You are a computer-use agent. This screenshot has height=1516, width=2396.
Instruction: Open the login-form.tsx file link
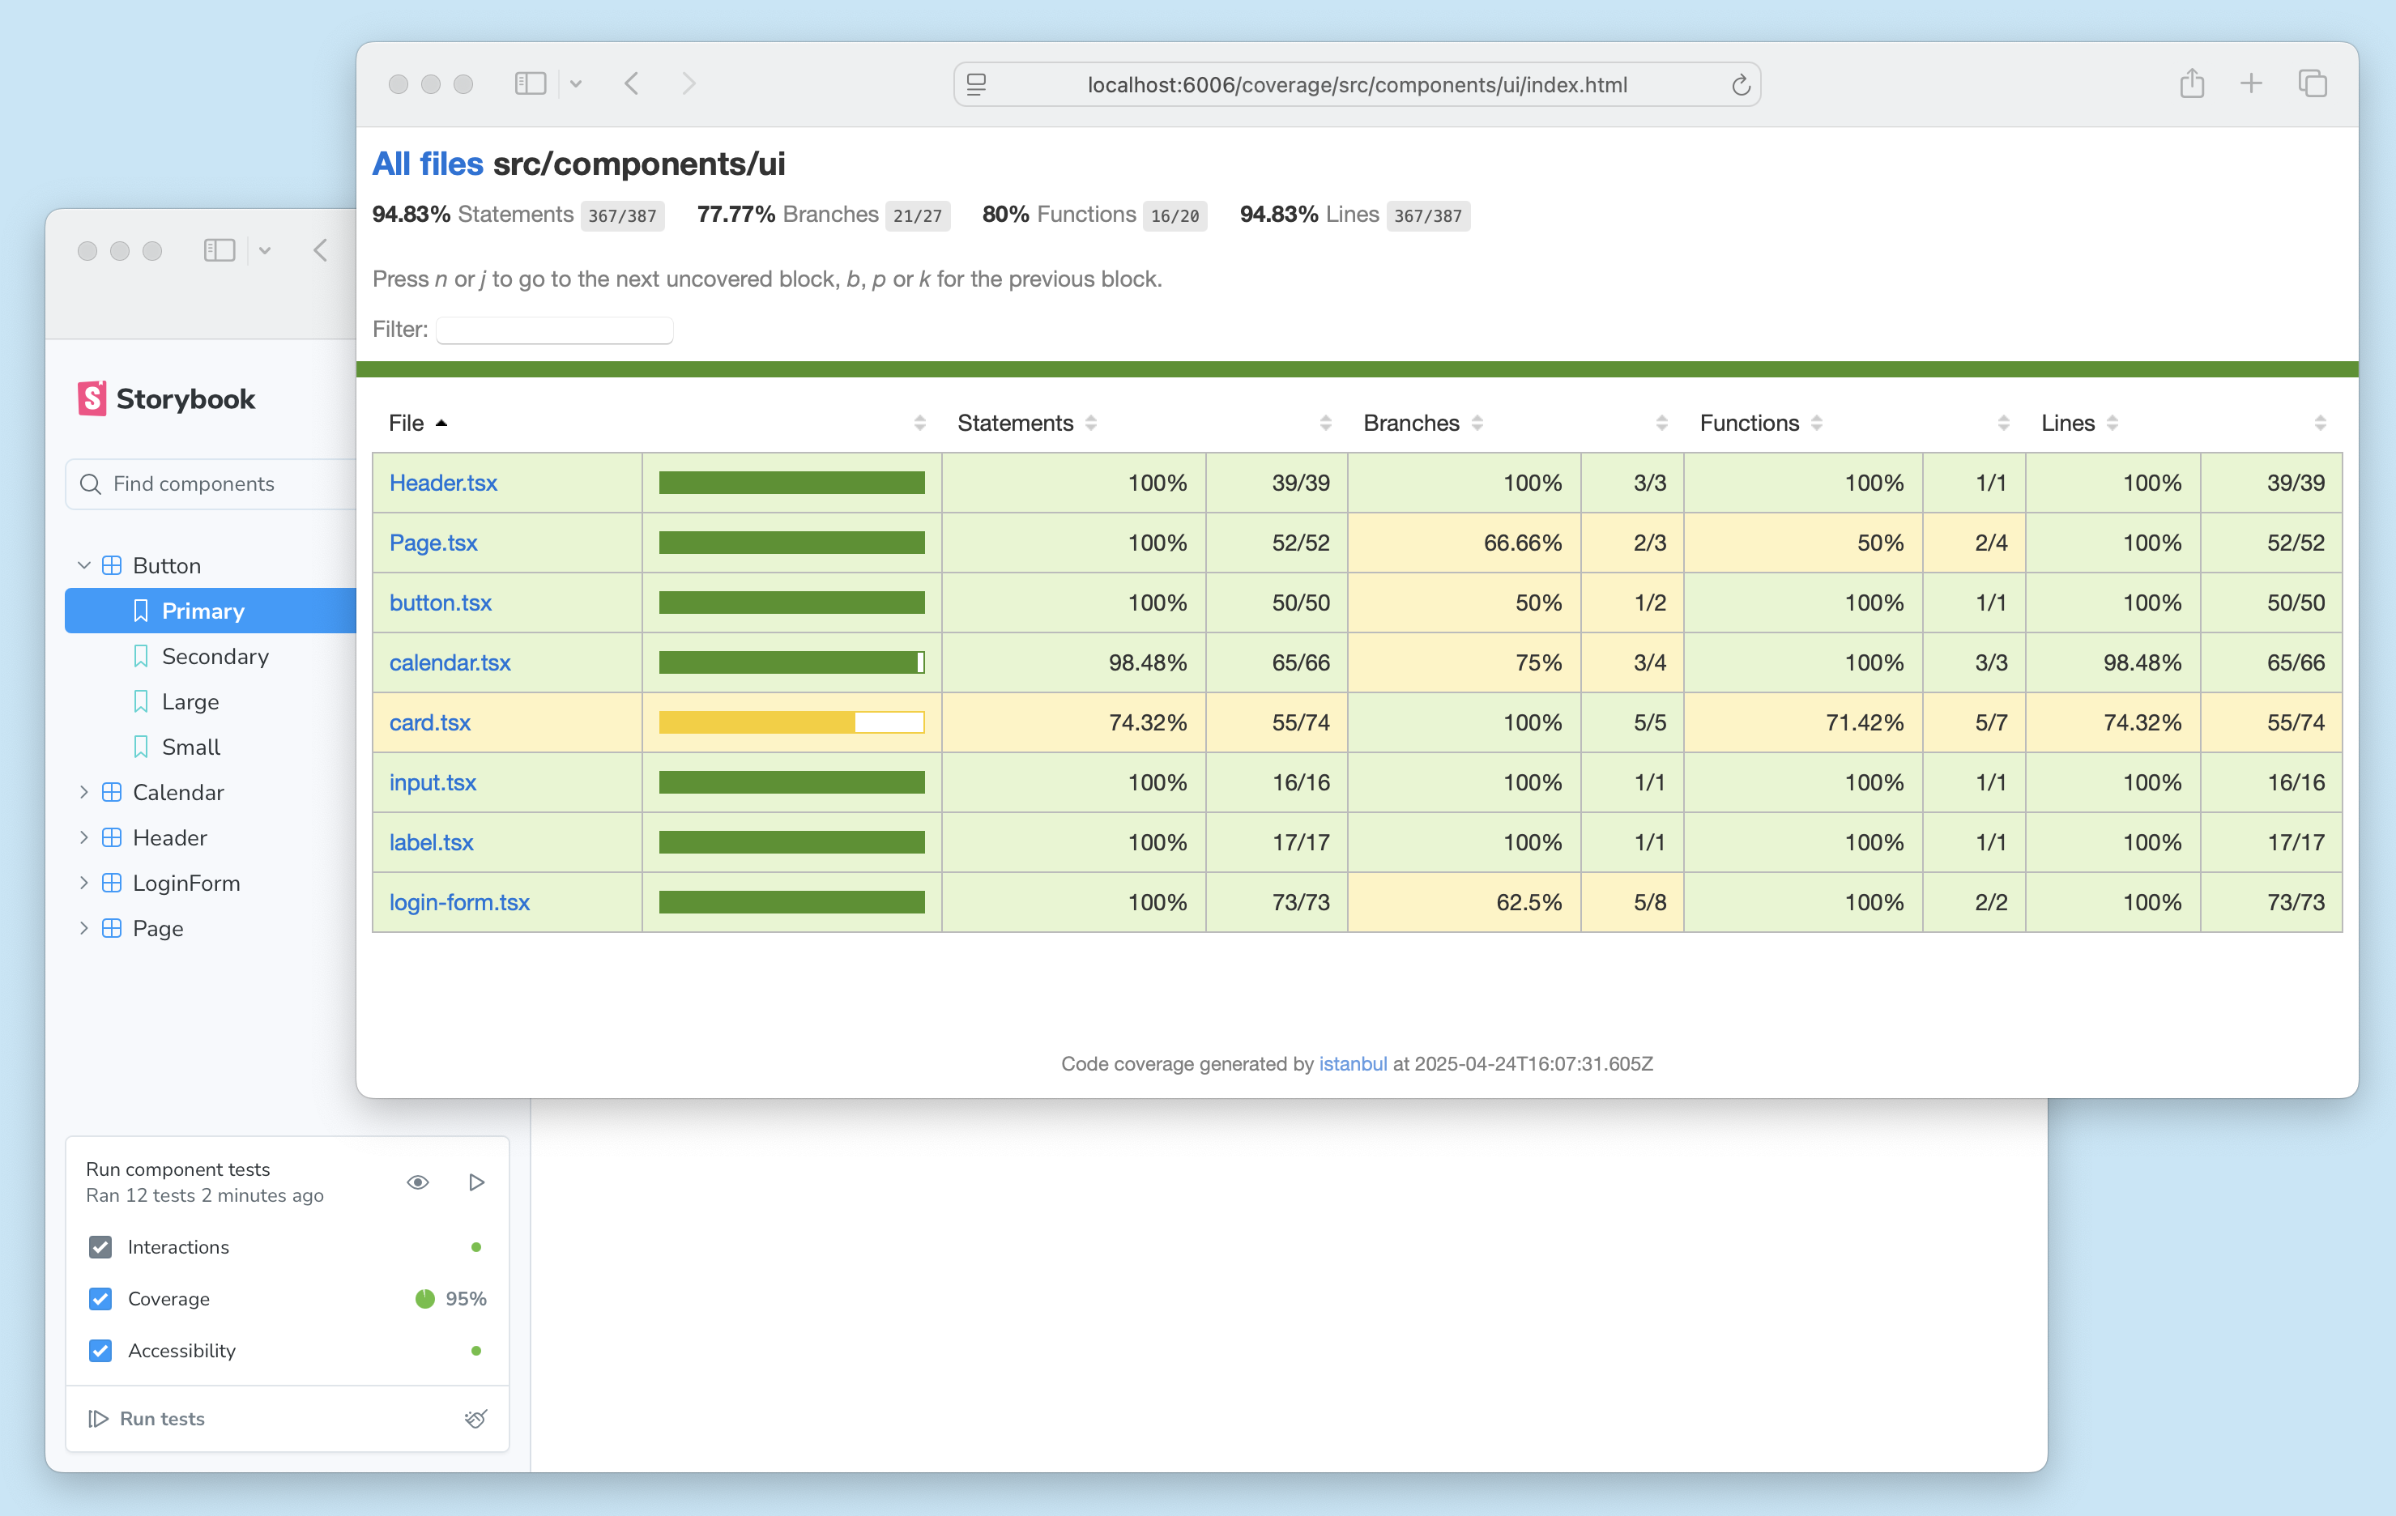pyautogui.click(x=458, y=902)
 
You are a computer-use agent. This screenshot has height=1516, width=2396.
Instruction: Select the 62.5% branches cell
pyautogui.click(x=1464, y=902)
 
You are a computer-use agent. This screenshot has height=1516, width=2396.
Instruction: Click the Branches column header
pyautogui.click(x=1411, y=424)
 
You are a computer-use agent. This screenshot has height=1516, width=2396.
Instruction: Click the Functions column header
pyautogui.click(x=1748, y=424)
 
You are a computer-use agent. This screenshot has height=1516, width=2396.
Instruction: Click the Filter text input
pyautogui.click(x=554, y=330)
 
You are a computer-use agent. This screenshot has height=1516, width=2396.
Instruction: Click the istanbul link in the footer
pyautogui.click(x=1352, y=1064)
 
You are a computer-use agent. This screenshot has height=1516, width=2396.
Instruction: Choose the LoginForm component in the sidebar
pyautogui.click(x=186, y=884)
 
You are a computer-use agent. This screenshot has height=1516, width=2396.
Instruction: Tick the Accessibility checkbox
pyautogui.click(x=100, y=1351)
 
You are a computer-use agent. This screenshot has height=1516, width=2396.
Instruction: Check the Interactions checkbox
pyautogui.click(x=100, y=1247)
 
